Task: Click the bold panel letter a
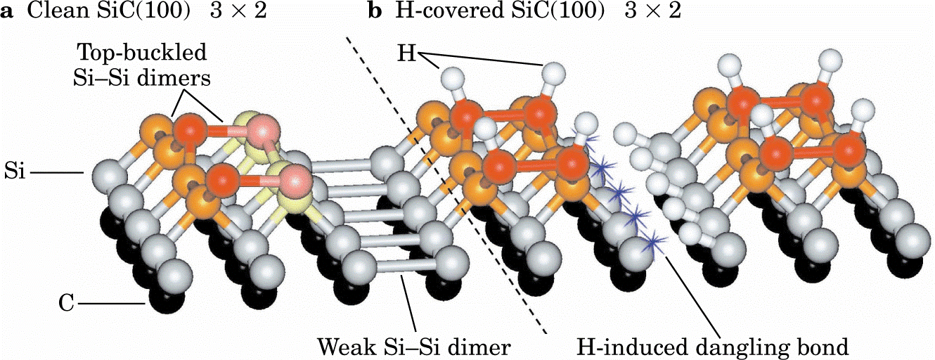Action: pyautogui.click(x=7, y=12)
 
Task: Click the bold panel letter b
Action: pyautogui.click(x=375, y=11)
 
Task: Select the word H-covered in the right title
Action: pyautogui.click(x=449, y=11)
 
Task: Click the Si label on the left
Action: pyautogui.click(x=15, y=172)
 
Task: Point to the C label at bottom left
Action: pyautogui.click(x=66, y=303)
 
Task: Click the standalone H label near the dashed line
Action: pyautogui.click(x=406, y=54)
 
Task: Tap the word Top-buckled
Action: pyautogui.click(x=142, y=53)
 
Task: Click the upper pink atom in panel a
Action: pyautogui.click(x=262, y=132)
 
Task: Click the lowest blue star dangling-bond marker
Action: pyautogui.click(x=653, y=242)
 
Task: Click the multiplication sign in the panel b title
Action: pyautogui.click(x=654, y=12)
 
